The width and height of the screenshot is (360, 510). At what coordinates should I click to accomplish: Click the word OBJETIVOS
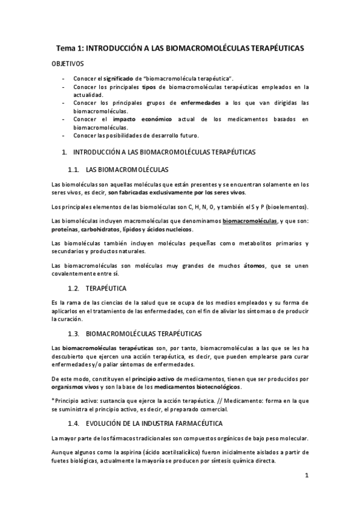[x=68, y=63]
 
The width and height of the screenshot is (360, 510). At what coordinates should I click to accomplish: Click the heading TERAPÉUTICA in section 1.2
[x=106, y=288]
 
